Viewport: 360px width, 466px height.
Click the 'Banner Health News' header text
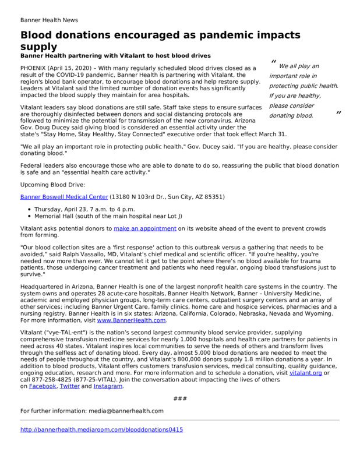[x=50, y=19]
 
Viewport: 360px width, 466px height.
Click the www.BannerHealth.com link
[x=132, y=320]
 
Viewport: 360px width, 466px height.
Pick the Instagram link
[x=108, y=386]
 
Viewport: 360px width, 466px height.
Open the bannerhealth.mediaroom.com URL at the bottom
[x=101, y=429]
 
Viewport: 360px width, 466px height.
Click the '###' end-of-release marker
[x=179, y=398]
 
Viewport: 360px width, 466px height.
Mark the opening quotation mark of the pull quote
[x=273, y=63]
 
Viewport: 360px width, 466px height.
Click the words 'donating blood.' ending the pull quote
[x=291, y=115]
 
